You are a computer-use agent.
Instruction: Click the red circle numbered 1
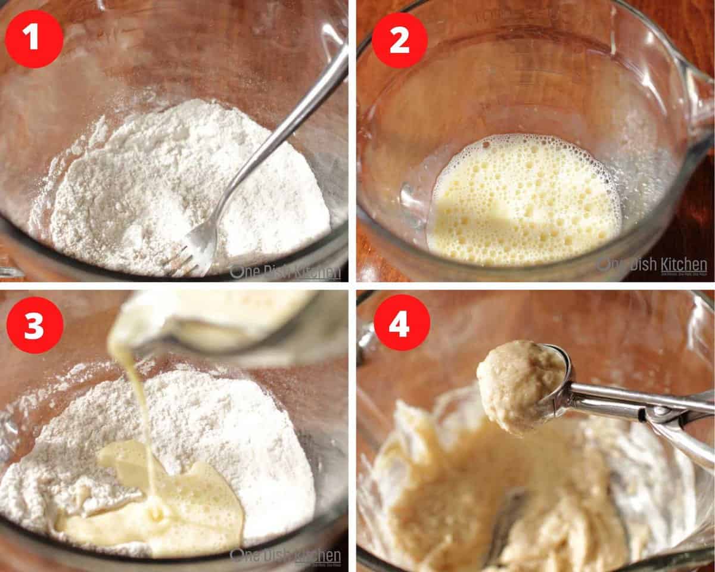pyautogui.click(x=34, y=39)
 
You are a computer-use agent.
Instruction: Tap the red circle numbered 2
pyautogui.click(x=400, y=40)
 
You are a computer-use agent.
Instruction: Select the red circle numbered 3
pyautogui.click(x=34, y=325)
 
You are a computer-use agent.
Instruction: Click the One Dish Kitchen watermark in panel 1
pyautogui.click(x=286, y=272)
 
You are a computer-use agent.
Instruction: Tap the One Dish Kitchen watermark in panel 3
pyautogui.click(x=286, y=556)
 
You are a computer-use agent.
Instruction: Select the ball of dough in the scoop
pyautogui.click(x=515, y=384)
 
